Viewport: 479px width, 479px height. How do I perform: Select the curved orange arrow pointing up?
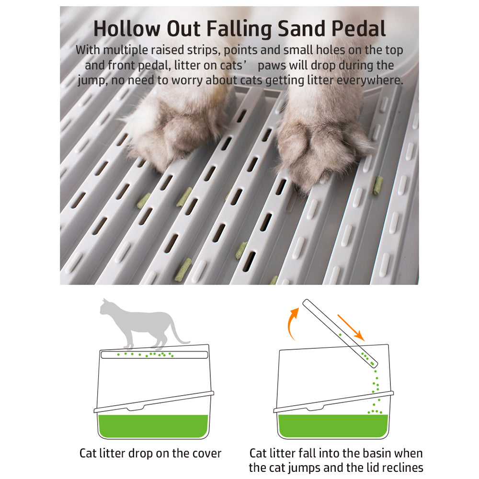(x=292, y=323)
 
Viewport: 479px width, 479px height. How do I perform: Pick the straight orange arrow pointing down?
(x=351, y=328)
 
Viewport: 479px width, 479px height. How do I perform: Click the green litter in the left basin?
(x=153, y=426)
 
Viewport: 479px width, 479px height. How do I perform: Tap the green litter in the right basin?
(x=333, y=426)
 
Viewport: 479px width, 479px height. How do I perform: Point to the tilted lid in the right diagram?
(x=340, y=333)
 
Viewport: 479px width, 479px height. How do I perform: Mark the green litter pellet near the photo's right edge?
(x=378, y=185)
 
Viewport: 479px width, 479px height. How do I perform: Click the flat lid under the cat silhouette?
(x=154, y=354)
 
